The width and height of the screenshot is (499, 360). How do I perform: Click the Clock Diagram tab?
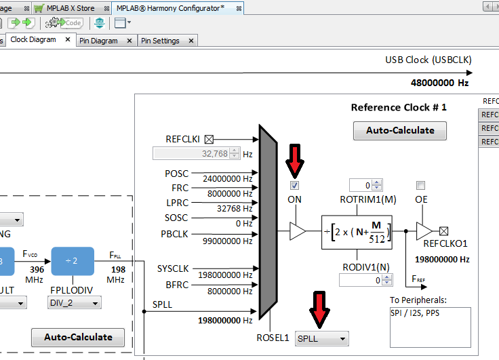[x=33, y=40]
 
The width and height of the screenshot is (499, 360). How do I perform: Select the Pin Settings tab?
[x=161, y=41]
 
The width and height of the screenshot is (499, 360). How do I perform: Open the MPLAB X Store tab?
[x=70, y=8]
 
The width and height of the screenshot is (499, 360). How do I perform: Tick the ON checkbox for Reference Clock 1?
[x=295, y=185]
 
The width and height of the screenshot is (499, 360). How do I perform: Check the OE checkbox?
[x=421, y=185]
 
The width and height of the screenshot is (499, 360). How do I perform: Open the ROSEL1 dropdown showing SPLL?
[x=322, y=338]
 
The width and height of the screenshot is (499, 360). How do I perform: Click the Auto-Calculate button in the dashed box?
[x=78, y=337]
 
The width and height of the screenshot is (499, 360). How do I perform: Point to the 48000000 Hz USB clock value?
[x=439, y=83]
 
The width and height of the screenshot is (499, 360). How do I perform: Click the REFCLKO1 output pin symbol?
[x=444, y=231]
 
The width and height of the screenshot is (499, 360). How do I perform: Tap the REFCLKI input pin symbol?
[x=209, y=139]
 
